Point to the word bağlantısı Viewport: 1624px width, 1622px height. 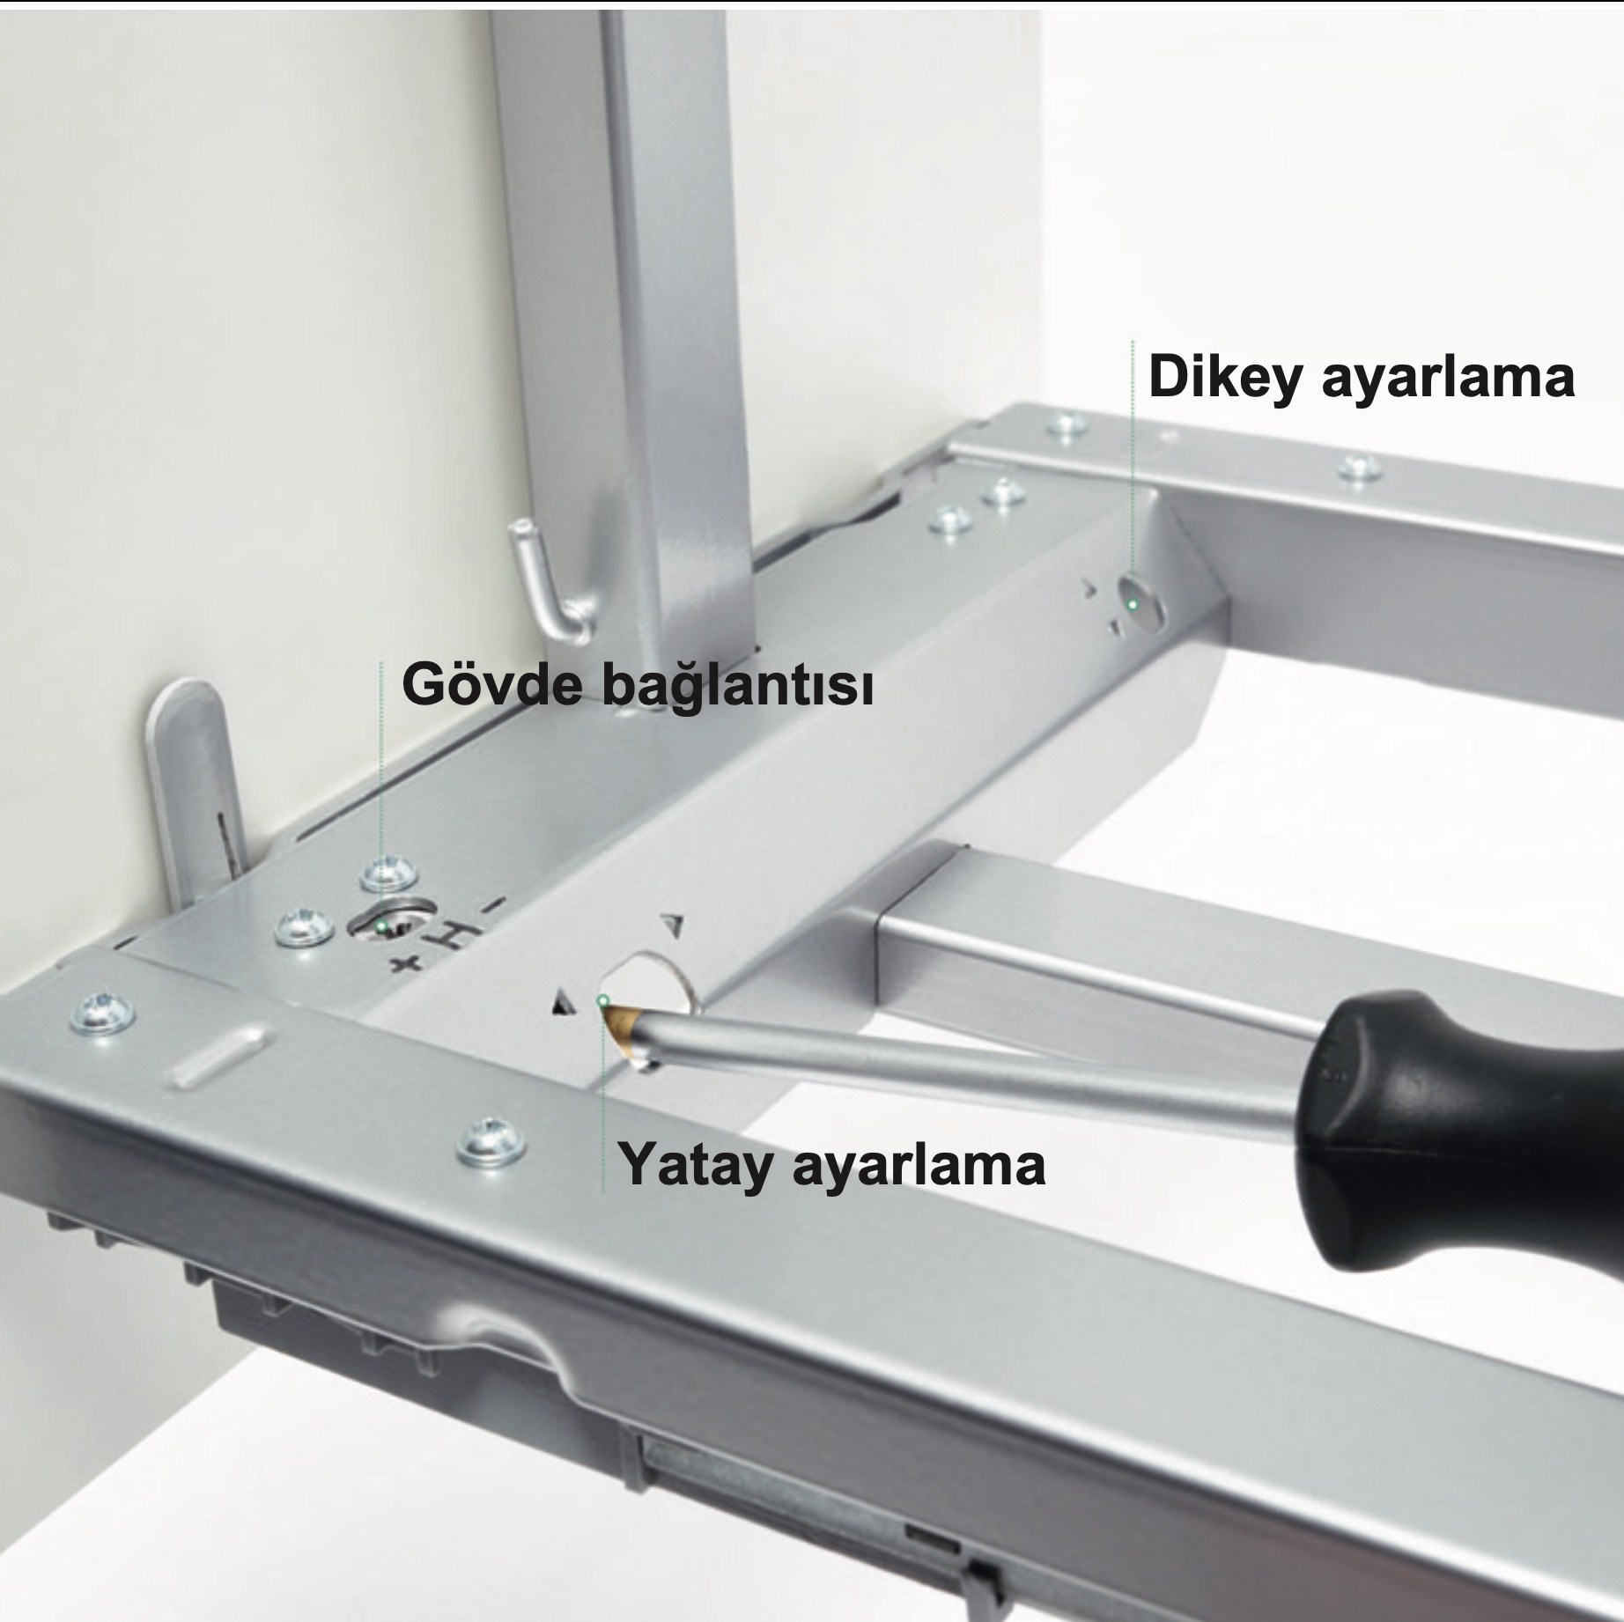pyautogui.click(x=738, y=687)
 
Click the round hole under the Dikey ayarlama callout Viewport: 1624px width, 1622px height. pyautogui.click(x=1140, y=602)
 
